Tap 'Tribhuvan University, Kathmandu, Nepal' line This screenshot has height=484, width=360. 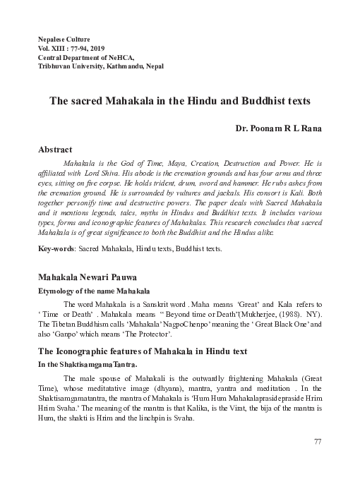point(100,66)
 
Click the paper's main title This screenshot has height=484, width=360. point(179,101)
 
